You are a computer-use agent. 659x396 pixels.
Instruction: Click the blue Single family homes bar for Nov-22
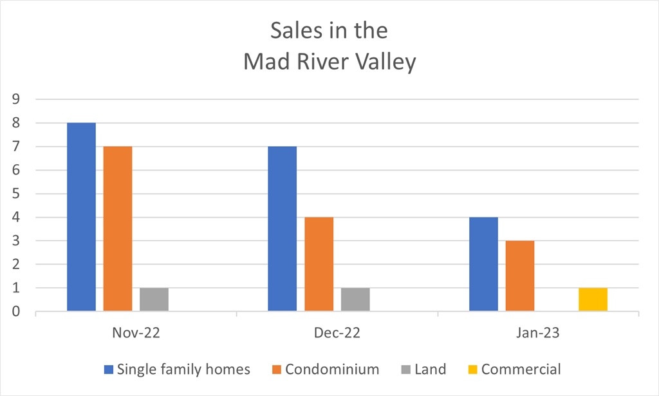coord(81,217)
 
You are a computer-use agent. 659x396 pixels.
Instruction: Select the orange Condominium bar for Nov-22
coord(117,229)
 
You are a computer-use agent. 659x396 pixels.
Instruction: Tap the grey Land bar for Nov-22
coord(154,299)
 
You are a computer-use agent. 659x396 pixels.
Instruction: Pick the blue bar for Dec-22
coord(283,229)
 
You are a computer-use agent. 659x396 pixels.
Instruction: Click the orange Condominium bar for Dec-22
coord(319,264)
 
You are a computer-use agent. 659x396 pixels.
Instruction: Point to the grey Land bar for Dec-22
coord(355,299)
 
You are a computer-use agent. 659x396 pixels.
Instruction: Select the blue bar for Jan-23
coord(483,264)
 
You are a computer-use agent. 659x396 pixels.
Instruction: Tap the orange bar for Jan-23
coord(519,276)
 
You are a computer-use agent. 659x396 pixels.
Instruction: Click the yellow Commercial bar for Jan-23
coord(593,299)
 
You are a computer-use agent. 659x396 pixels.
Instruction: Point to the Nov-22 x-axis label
coord(136,334)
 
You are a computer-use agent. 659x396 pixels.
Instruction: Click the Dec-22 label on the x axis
coord(337,334)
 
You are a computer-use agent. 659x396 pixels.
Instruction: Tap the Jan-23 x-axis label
coord(539,334)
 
